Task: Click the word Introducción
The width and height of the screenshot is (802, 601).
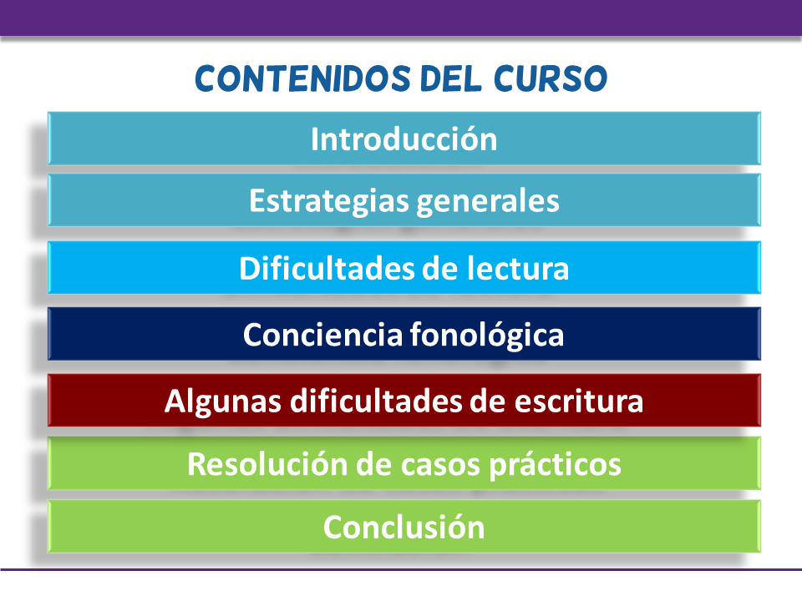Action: [404, 139]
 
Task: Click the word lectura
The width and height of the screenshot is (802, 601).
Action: [520, 269]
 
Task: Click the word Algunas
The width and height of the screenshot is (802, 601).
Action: [224, 402]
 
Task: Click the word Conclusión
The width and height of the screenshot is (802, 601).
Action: [404, 527]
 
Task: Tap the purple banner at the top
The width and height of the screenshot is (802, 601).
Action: [401, 17]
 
